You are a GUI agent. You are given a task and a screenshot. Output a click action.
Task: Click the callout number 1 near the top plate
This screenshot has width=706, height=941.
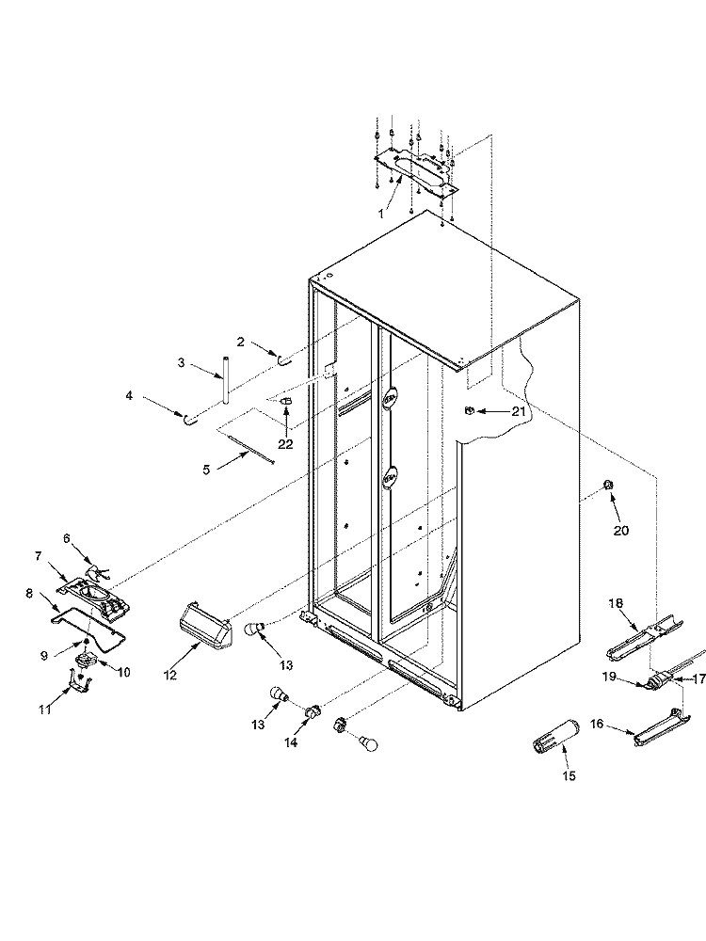380,214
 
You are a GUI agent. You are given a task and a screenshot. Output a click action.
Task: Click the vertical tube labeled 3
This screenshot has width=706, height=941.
227,380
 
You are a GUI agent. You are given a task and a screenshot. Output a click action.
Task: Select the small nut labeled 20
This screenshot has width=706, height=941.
607,485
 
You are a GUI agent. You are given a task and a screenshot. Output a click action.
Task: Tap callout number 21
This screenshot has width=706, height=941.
518,411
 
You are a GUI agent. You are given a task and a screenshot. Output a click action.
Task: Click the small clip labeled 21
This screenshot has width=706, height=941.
467,410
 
